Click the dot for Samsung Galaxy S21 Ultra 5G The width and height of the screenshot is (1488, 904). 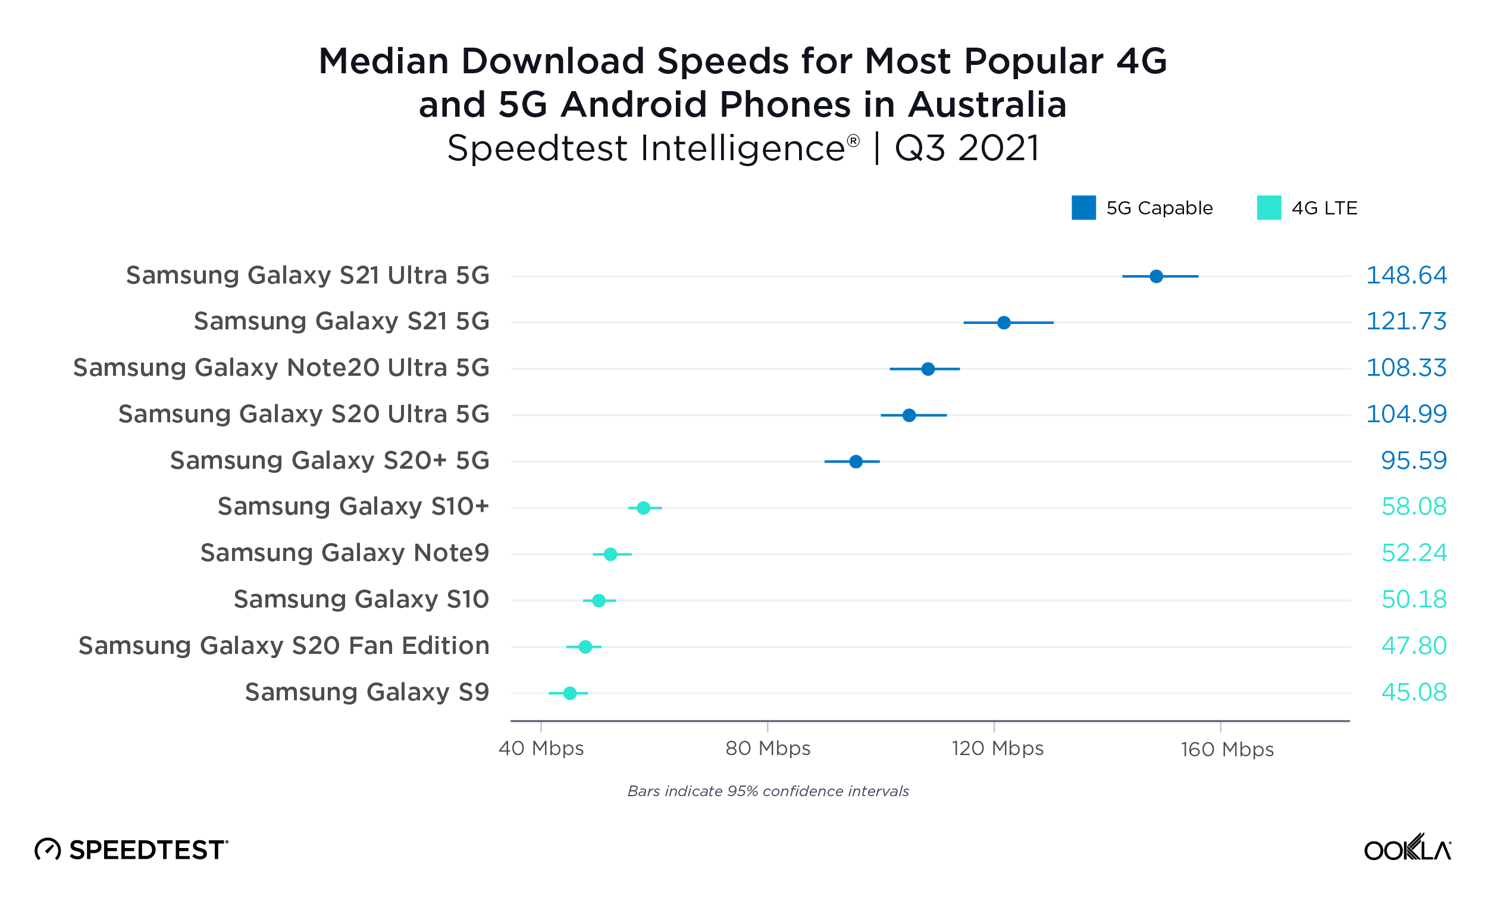coord(1156,276)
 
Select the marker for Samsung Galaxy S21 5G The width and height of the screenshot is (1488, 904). coord(1004,323)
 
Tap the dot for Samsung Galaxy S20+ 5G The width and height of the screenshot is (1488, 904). coord(856,462)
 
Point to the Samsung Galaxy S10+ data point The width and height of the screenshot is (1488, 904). coord(644,508)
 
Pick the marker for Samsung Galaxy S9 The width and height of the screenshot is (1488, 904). coord(569,693)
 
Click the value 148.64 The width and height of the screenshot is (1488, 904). coord(1406,276)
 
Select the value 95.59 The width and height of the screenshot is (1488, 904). coord(1413,461)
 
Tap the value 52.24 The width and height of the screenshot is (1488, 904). coord(1413,553)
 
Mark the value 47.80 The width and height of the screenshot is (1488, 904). coord(1413,646)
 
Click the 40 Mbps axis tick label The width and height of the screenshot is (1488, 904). coord(541,749)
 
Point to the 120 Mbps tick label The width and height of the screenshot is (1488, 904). coord(998,749)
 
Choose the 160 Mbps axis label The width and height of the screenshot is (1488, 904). coord(1227,750)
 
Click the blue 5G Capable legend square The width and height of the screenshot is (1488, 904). coord(1083,208)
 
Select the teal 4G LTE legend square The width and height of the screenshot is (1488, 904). coord(1269,208)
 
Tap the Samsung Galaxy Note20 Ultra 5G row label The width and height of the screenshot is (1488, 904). coord(281,368)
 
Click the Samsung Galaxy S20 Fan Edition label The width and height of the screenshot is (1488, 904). coord(284,646)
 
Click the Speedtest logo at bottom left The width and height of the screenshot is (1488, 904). coord(131,850)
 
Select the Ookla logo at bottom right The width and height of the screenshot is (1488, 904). coord(1407,849)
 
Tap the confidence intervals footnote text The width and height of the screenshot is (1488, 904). coord(768,791)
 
